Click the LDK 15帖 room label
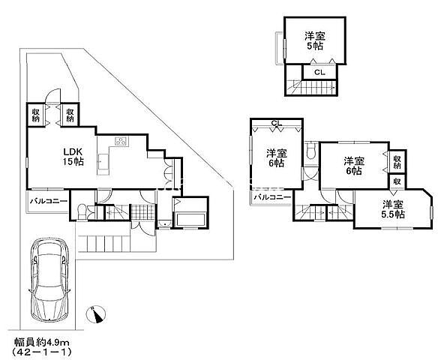coord(73,157)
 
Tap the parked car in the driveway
coord(49,280)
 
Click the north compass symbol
coord(96,314)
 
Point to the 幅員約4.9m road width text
coord(42,341)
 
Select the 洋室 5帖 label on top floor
coord(315,40)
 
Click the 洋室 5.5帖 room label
coord(393,209)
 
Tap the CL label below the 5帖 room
coord(319,72)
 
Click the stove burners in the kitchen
coord(121,141)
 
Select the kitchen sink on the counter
coord(103,161)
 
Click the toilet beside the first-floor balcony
coord(81,211)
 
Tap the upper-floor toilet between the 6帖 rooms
coord(310,151)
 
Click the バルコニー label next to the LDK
coord(49,201)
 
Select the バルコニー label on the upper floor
coord(273,197)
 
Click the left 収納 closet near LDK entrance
coord(36,115)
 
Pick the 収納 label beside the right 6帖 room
coord(397,162)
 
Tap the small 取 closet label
coord(397,181)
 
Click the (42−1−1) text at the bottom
coord(42,351)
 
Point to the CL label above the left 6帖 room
coord(277,123)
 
